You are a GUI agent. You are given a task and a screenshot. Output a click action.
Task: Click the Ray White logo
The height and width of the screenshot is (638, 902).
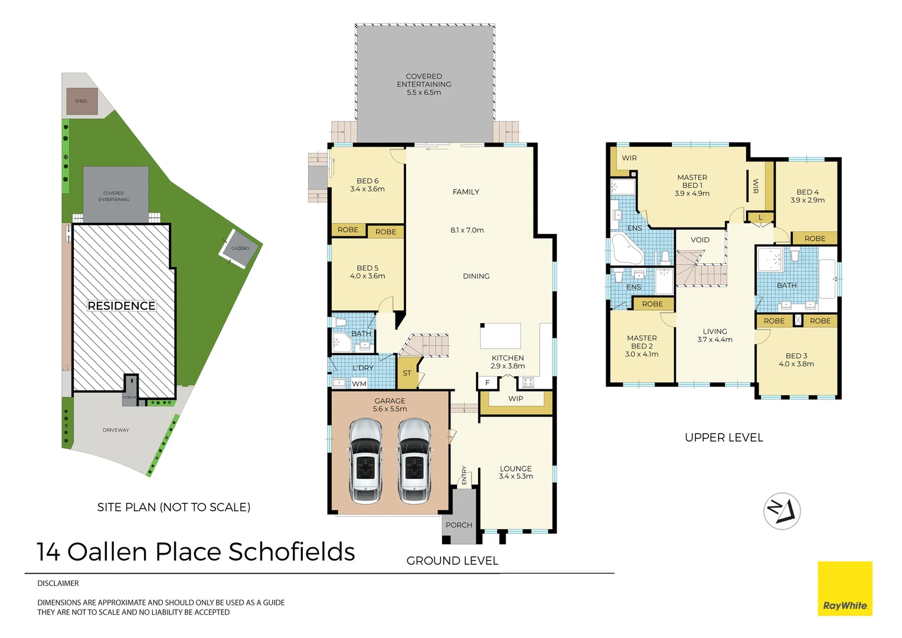(844, 588)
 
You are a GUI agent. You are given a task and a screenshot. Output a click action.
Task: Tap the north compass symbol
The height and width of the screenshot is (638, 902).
(782, 510)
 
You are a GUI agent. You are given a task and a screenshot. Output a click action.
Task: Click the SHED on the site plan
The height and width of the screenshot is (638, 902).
(81, 101)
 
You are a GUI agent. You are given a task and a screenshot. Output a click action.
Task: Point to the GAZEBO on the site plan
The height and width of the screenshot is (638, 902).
(240, 248)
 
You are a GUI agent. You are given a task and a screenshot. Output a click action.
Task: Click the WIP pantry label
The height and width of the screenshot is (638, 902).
(515, 399)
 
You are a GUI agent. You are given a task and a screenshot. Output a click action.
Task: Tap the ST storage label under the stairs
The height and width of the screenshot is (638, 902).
(407, 373)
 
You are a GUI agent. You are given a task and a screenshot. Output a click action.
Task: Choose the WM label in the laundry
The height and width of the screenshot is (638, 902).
(359, 384)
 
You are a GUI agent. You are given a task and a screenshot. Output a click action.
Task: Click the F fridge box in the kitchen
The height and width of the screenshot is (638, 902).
(487, 383)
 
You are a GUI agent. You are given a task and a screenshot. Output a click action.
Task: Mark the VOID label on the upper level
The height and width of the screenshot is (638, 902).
(700, 240)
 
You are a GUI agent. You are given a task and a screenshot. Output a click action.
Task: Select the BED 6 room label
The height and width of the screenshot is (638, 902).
(367, 181)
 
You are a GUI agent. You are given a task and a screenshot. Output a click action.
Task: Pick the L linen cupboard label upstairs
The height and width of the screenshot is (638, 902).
(760, 217)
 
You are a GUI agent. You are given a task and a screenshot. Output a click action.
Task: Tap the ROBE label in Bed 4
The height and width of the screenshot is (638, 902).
(815, 239)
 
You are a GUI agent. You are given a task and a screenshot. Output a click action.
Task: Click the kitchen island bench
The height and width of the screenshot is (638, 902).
(500, 336)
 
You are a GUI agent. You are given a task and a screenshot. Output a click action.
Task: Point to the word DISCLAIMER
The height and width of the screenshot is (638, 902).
(58, 583)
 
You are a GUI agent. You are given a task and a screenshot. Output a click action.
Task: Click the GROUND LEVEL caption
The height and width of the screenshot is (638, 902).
(452, 561)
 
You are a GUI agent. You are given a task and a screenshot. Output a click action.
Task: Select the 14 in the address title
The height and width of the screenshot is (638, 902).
(48, 552)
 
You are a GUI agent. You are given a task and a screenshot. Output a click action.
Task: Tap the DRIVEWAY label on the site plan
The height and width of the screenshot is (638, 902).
(116, 430)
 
